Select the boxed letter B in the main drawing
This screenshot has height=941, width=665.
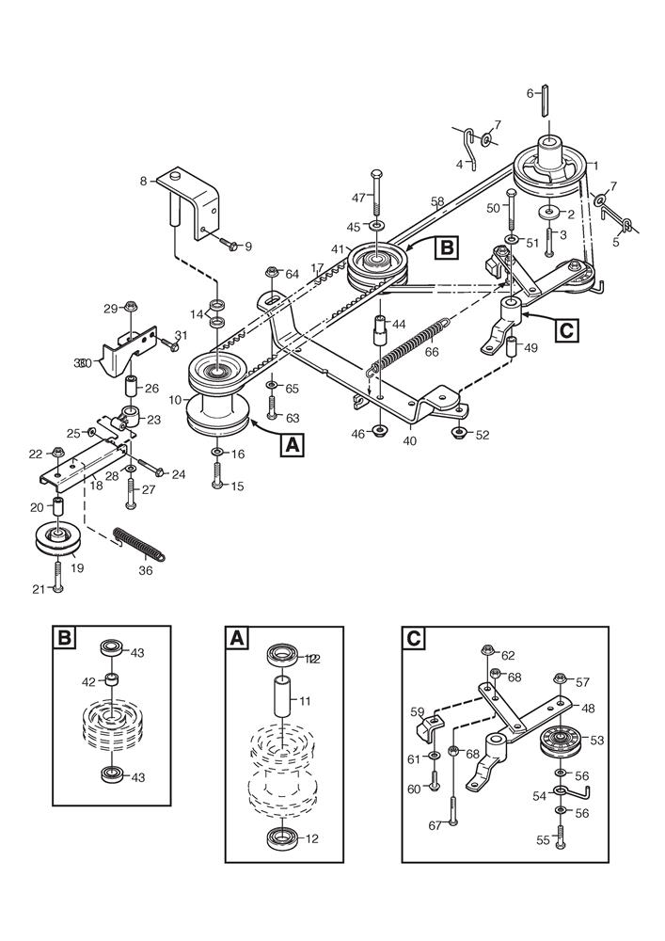(446, 248)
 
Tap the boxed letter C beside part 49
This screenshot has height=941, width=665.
(566, 330)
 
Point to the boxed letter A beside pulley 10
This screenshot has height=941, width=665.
(293, 444)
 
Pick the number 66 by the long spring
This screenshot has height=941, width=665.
(432, 353)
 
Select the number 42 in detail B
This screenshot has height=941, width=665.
(88, 679)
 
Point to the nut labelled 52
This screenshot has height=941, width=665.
(460, 433)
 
